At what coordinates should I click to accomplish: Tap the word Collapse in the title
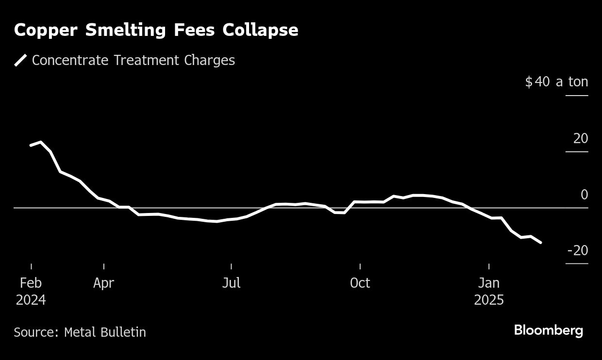click(260, 30)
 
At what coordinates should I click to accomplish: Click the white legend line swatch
click(21, 60)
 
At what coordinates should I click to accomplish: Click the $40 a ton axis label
click(556, 82)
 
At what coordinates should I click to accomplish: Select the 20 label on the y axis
click(580, 139)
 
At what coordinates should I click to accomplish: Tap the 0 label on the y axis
click(584, 195)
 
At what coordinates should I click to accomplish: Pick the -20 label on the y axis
click(577, 251)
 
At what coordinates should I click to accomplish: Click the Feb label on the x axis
click(31, 283)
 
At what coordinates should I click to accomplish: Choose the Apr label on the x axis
click(104, 283)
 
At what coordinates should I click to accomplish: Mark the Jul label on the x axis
click(231, 283)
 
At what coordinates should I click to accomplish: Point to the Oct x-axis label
click(360, 283)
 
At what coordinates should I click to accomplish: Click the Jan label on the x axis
click(489, 283)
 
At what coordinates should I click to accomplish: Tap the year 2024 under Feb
click(31, 300)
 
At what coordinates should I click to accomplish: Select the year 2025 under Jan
click(489, 300)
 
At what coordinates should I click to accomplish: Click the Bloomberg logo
click(548, 331)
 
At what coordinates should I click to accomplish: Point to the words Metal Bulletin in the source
click(105, 332)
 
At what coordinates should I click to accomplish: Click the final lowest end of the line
click(541, 242)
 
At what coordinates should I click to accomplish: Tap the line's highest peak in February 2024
click(40, 142)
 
